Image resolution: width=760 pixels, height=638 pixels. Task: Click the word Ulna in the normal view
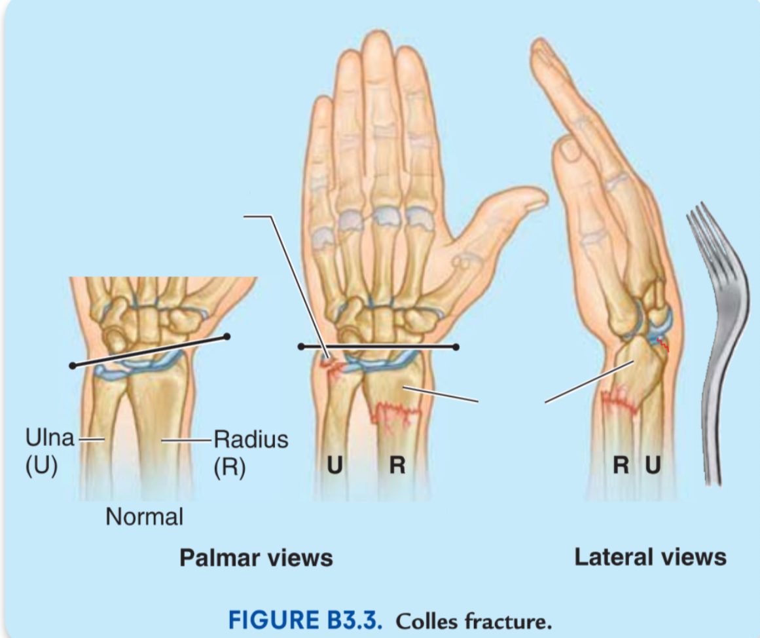point(50,438)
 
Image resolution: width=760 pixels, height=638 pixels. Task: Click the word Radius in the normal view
point(251,439)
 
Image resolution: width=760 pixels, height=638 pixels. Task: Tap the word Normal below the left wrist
point(145,517)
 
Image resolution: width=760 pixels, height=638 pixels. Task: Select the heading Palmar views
point(256,557)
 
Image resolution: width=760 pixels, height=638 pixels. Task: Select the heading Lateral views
point(650,557)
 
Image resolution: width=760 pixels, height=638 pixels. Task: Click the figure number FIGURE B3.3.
point(305,620)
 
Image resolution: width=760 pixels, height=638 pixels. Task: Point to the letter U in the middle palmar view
point(335,465)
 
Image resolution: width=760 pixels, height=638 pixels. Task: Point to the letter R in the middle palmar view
point(397,465)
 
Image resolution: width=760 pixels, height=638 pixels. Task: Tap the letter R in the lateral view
point(621,465)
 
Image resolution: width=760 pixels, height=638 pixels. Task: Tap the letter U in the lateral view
point(653,465)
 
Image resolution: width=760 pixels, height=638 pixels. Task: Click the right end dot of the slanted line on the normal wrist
point(227,336)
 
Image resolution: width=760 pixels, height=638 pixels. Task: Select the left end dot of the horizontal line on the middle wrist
point(301,347)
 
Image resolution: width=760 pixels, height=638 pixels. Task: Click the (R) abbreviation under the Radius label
point(230,467)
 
